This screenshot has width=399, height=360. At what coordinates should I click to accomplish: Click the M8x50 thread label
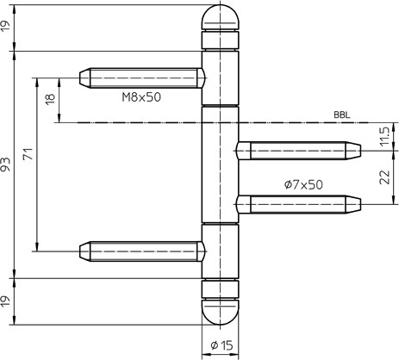click(x=141, y=97)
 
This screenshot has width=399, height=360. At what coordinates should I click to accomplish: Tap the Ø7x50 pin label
click(x=303, y=184)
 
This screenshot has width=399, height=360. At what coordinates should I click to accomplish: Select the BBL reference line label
click(x=342, y=115)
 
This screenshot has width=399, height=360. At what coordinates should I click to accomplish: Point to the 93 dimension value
click(x=6, y=164)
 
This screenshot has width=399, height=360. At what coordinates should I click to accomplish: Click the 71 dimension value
click(x=28, y=154)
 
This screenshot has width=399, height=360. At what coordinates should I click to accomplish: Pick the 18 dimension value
click(x=51, y=99)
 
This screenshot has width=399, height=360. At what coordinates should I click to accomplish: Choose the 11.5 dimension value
click(x=384, y=136)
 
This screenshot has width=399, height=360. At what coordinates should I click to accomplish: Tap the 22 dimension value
click(x=384, y=177)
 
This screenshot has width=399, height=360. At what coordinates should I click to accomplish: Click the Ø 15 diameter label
click(x=221, y=345)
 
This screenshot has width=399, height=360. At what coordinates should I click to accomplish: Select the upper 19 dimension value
click(x=6, y=28)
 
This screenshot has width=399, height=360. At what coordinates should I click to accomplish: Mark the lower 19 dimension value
click(x=6, y=302)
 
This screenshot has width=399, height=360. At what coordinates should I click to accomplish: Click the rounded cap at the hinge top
click(x=220, y=17)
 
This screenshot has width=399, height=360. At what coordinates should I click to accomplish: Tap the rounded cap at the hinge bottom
click(x=220, y=313)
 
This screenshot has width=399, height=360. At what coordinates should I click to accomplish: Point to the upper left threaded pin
click(x=142, y=78)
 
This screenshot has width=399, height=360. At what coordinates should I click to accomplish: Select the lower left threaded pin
click(x=142, y=251)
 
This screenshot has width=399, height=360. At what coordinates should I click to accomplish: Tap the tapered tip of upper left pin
click(x=84, y=78)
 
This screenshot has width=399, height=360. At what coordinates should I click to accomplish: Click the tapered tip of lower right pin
click(x=353, y=204)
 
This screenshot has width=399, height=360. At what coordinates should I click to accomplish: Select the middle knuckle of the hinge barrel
click(x=220, y=164)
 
